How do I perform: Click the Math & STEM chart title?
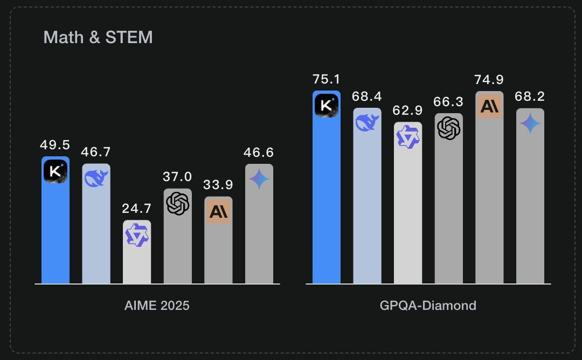pos(98,37)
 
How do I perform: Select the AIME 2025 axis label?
pos(157,306)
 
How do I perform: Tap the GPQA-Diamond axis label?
pos(428,306)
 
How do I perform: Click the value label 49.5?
pos(55,145)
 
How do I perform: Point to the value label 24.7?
pos(137,209)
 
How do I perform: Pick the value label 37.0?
pos(178,177)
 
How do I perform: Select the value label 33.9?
pos(218,185)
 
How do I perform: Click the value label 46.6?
pos(259,153)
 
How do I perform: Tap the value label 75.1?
pos(327,79)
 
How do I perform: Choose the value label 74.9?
pos(489,80)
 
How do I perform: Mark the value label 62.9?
pos(408,111)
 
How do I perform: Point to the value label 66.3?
pos(449,102)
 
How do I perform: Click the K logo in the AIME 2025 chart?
pos(55,172)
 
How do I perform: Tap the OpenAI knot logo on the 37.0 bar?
pos(178,203)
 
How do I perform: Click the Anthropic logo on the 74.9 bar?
pos(489,106)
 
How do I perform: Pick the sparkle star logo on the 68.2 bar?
pos(530,124)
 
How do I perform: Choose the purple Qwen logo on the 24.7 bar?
pos(137,236)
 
